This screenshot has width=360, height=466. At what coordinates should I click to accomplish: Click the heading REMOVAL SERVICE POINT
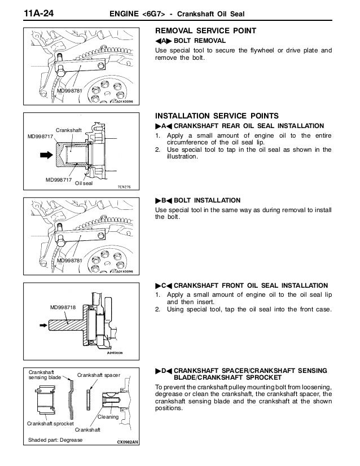pyautogui.click(x=206, y=31)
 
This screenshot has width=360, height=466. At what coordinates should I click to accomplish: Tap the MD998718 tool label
pyautogui.click(x=63, y=307)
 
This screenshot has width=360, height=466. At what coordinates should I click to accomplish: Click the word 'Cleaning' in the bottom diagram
pyautogui.click(x=108, y=417)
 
